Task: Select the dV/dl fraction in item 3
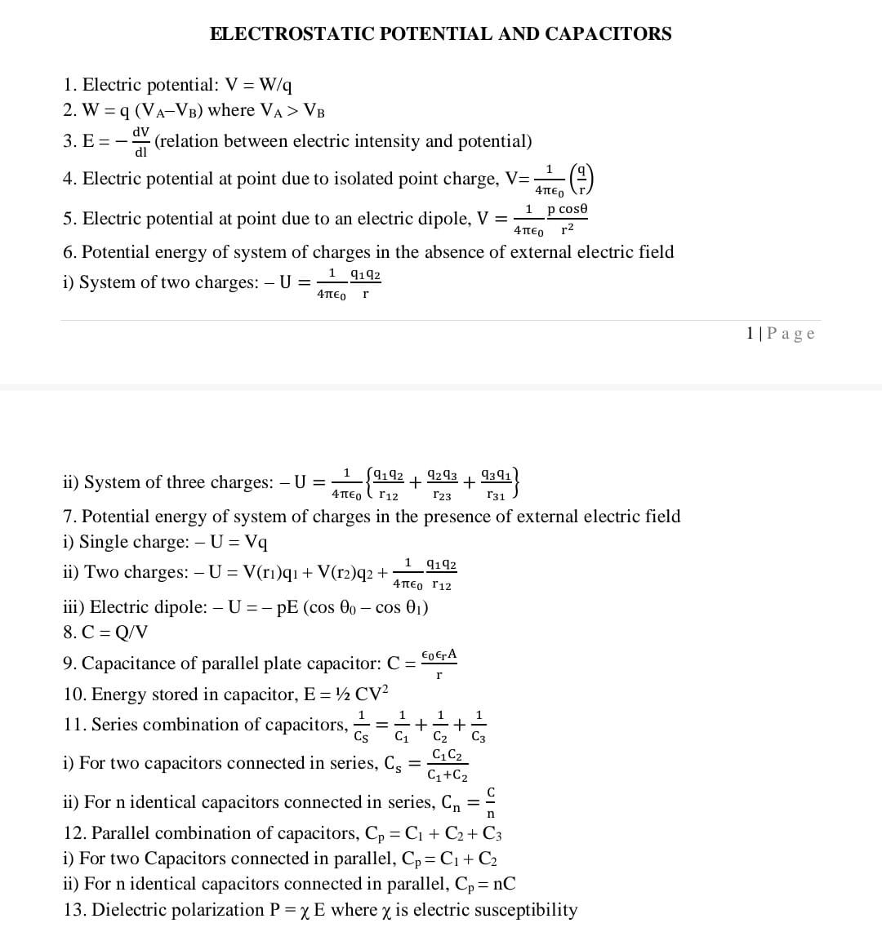point(141,142)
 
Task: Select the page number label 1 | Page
point(780,333)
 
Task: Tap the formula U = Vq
point(238,542)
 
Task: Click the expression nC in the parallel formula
point(504,884)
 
